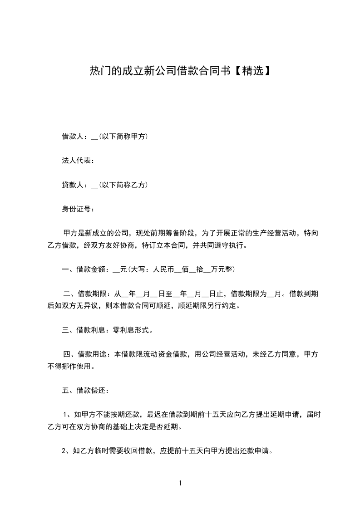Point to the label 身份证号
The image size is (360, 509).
click(77, 209)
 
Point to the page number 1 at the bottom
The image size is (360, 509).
click(180, 483)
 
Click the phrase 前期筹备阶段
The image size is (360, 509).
click(173, 233)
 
